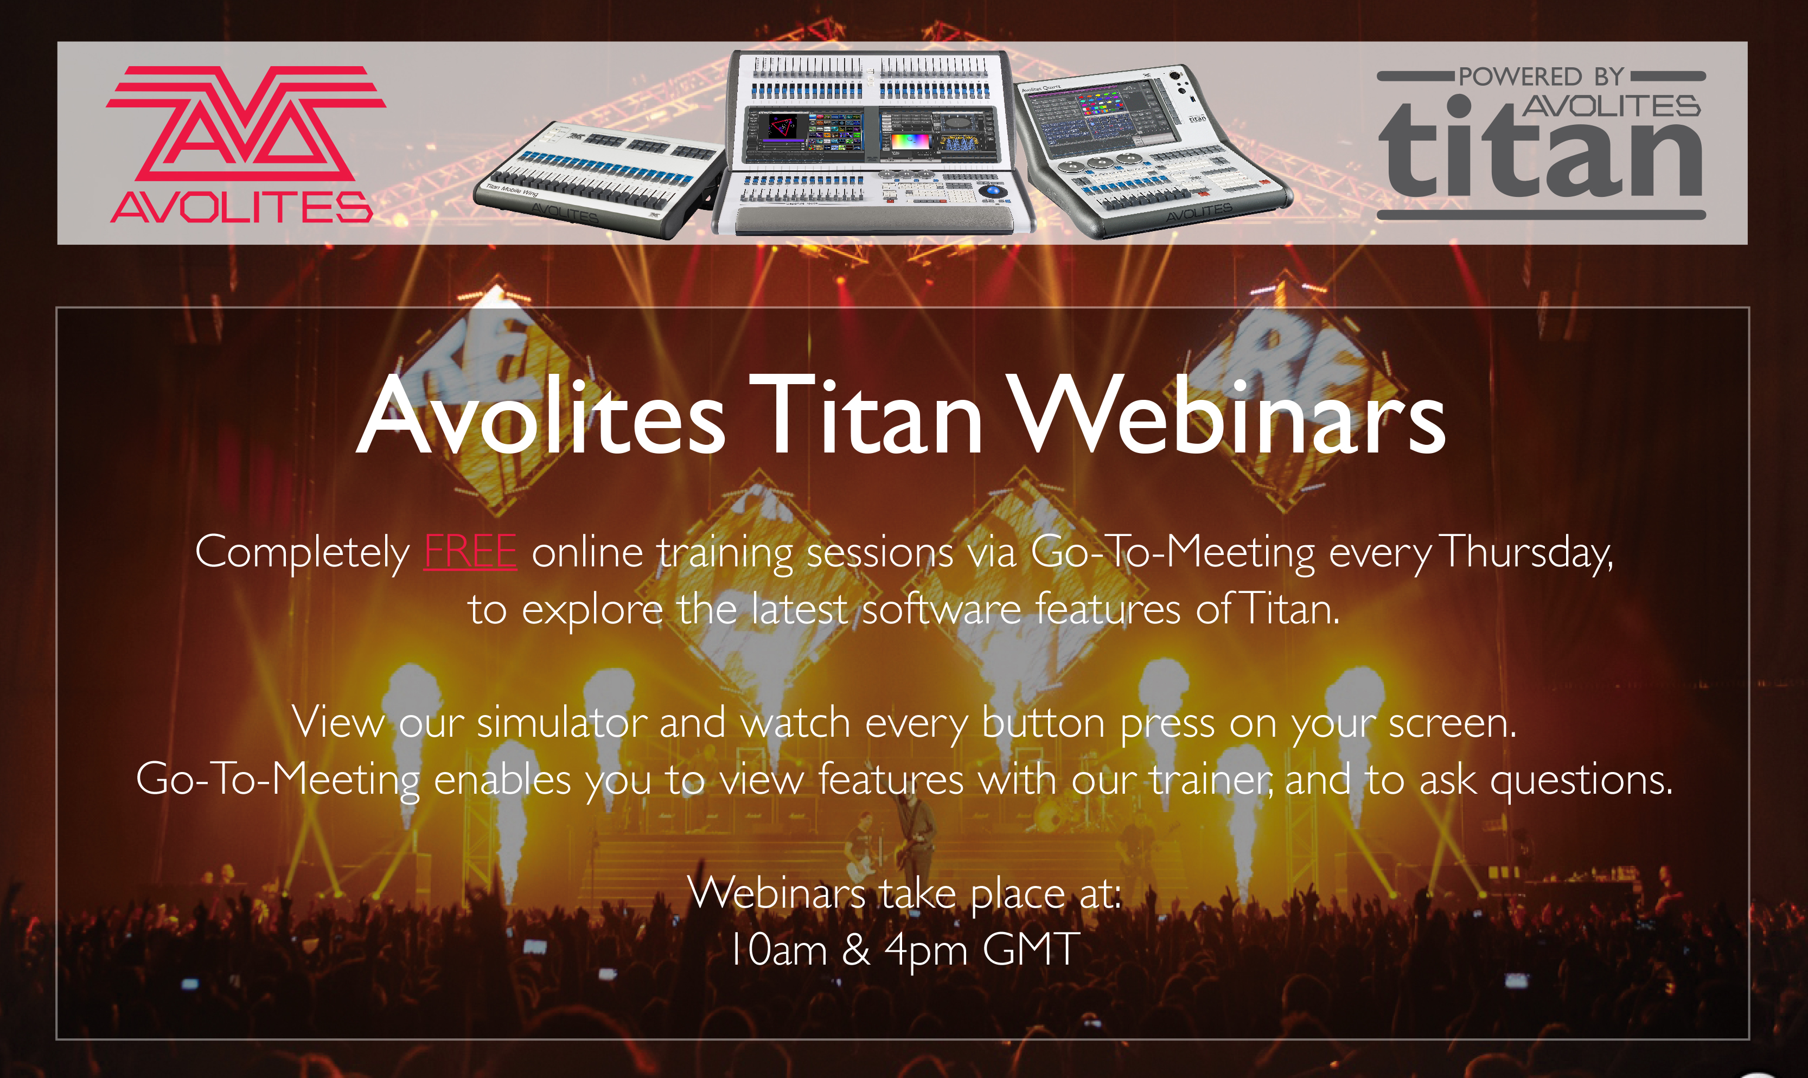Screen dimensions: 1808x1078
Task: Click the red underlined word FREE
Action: [x=470, y=552]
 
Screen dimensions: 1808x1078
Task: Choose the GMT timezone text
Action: [x=1032, y=949]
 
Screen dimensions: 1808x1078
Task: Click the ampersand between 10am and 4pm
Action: [x=855, y=949]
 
